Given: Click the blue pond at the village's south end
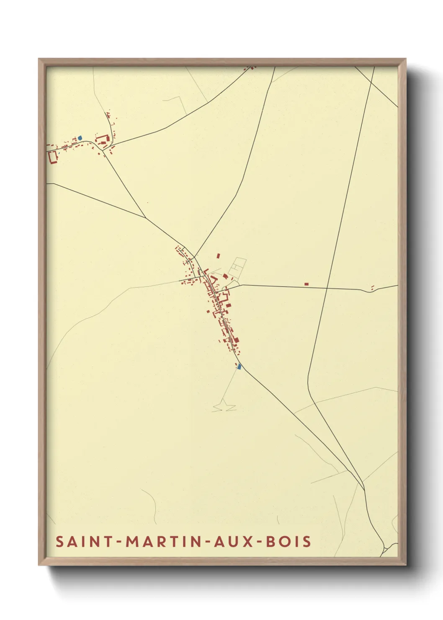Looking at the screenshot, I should tap(239, 367).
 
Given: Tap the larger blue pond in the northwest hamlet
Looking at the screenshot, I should tap(80, 137).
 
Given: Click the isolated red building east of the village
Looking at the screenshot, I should tap(306, 284).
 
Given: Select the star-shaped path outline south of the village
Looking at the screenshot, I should tap(225, 406).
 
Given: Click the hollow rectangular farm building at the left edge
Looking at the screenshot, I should tap(53, 157).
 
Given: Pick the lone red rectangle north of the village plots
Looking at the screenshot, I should tap(218, 255).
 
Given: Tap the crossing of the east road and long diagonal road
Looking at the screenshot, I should tap(326, 288).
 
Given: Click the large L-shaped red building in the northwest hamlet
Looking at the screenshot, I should tap(102, 138).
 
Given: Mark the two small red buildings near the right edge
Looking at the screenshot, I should tap(372, 287).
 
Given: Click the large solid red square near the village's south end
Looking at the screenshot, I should tap(236, 340).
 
